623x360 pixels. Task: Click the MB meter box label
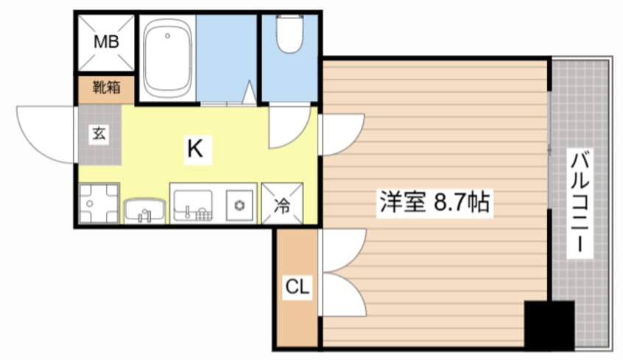105,42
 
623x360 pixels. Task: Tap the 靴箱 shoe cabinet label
106,89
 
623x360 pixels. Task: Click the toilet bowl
289,35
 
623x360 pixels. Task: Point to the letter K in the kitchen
194,149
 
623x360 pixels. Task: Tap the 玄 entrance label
98,134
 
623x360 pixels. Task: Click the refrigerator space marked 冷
282,202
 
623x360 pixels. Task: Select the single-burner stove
239,204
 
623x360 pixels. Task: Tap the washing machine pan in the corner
98,202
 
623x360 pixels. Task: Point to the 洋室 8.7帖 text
434,202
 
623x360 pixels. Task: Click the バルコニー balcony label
581,202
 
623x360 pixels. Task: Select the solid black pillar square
549,325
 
